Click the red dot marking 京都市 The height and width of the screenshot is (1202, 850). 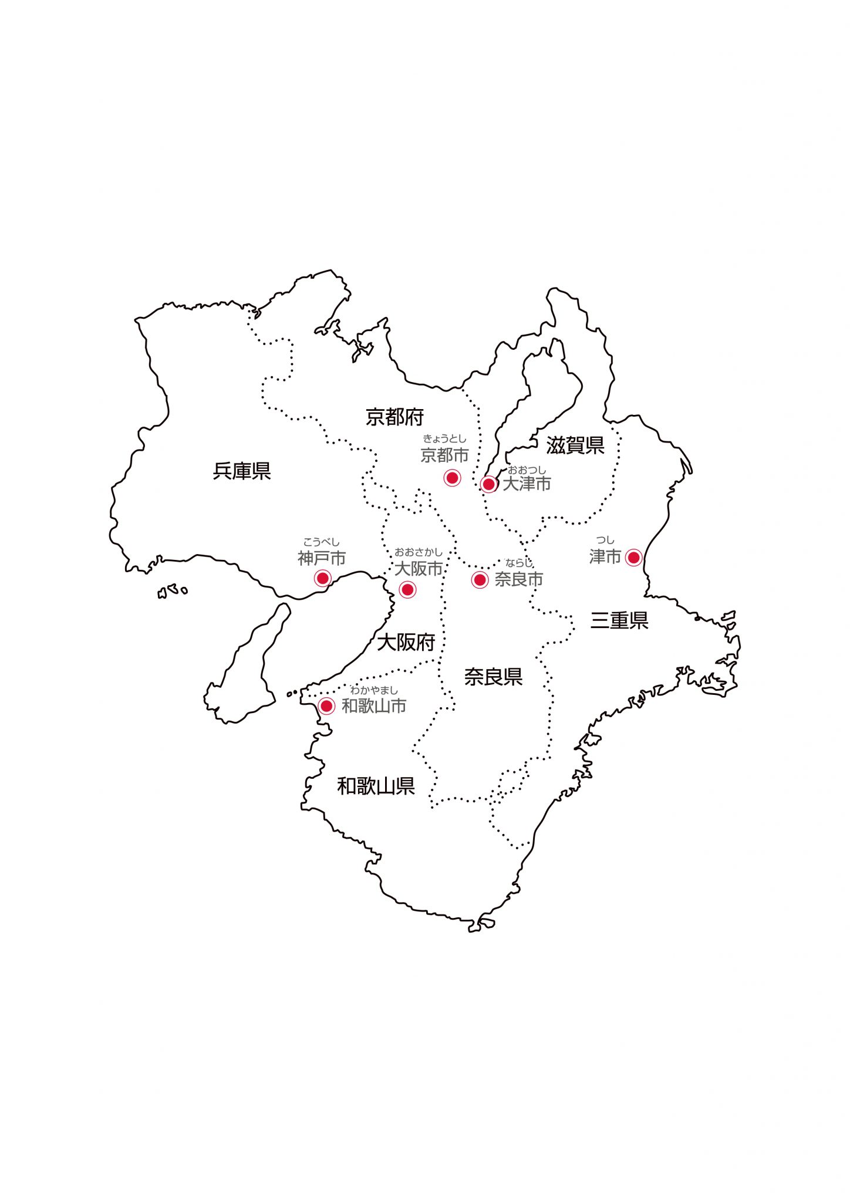click(x=452, y=478)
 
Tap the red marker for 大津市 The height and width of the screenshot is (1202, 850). click(x=488, y=484)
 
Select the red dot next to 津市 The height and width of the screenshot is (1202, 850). click(x=633, y=557)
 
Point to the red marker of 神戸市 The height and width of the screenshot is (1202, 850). click(x=322, y=578)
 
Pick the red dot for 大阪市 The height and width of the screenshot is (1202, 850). click(x=407, y=589)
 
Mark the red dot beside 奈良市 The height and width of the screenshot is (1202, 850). click(x=480, y=580)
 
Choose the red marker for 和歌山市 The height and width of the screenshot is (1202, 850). click(x=326, y=705)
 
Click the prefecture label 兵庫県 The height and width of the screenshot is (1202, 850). click(x=242, y=471)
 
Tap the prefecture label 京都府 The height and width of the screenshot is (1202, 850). click(x=394, y=417)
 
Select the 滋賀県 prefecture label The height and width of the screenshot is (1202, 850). click(x=575, y=445)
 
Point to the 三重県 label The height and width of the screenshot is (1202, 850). click(x=619, y=620)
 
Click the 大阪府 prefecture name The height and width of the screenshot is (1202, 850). click(x=406, y=642)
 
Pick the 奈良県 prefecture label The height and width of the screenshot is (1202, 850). click(x=493, y=677)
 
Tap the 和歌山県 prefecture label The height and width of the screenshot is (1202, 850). click(x=376, y=786)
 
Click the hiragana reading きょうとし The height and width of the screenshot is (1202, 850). click(x=444, y=438)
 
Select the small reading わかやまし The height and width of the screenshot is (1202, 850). click(x=374, y=690)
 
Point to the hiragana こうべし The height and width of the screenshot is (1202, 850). click(x=321, y=542)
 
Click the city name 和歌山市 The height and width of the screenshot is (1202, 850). click(x=374, y=706)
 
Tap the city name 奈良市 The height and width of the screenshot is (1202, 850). click(x=518, y=579)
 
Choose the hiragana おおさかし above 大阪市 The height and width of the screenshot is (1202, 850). click(x=418, y=552)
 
